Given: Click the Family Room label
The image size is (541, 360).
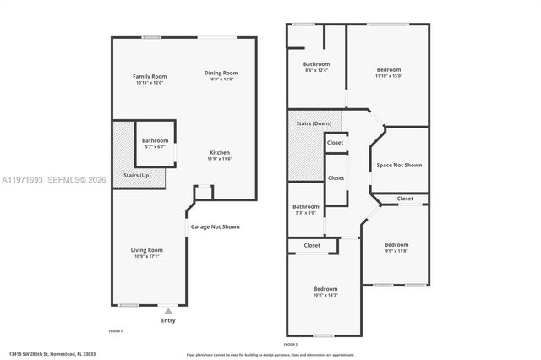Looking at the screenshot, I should [149, 76].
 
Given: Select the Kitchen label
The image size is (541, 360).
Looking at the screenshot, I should [219, 153].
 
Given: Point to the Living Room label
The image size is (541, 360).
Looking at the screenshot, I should [146, 249].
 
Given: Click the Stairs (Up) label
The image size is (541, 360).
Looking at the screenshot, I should [138, 175].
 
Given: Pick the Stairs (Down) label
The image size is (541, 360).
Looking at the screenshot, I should [313, 123].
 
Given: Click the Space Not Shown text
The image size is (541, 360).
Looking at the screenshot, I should [399, 165].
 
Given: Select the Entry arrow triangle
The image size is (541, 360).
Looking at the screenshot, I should [167, 311].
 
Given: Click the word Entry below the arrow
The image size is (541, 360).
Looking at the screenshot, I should [168, 320].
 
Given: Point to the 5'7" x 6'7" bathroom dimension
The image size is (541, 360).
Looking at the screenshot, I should [155, 146].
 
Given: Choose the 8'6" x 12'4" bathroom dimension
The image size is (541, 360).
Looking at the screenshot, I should [316, 70].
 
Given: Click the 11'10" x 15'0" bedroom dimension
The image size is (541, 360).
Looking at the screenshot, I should [388, 75].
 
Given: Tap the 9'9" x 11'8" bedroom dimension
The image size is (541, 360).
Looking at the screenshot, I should [396, 250].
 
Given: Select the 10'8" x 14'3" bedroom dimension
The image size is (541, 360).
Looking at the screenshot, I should [325, 294].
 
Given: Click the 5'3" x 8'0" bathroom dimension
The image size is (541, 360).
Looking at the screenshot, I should [305, 212].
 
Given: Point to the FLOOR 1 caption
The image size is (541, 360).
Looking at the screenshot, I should [116, 330].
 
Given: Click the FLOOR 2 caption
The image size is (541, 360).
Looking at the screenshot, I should [290, 345].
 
